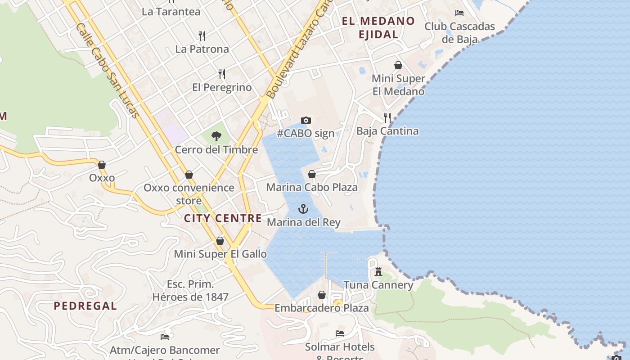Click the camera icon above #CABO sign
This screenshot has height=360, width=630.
(306, 120)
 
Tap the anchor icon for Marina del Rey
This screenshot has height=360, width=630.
(303, 209)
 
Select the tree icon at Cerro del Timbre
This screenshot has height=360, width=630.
(216, 136)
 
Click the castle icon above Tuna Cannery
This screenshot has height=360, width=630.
(378, 271)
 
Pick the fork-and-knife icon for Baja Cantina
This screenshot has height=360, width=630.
(387, 118)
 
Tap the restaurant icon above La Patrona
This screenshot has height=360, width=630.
(202, 36)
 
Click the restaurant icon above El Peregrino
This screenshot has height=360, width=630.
(222, 74)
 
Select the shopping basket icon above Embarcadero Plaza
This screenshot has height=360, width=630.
(322, 295)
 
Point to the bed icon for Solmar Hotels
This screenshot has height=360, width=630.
(340, 333)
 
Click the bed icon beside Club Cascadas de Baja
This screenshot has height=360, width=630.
(459, 13)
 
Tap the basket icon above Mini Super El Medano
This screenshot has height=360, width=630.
(398, 65)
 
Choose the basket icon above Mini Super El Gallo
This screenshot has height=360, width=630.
(220, 241)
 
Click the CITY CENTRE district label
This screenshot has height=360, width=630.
(223, 219)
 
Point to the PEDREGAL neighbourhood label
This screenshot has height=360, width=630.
(85, 306)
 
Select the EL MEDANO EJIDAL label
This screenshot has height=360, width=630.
(378, 27)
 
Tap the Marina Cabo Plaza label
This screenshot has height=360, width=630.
(312, 187)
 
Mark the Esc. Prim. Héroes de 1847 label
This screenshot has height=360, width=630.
(190, 291)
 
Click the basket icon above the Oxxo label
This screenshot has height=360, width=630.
(102, 165)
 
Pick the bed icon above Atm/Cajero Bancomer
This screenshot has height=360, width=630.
(165, 337)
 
